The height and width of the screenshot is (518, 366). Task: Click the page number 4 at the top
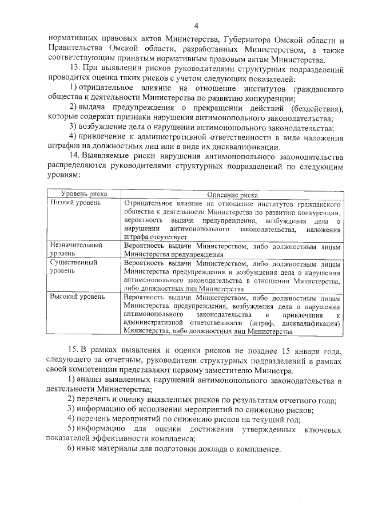coord(196,26)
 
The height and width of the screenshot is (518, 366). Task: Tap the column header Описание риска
coord(232,195)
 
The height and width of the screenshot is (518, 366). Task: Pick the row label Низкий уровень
coord(75,203)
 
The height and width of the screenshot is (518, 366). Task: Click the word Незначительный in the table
coord(77,244)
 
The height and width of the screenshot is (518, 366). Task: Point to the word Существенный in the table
coord(74,262)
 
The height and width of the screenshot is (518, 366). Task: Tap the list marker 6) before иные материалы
coord(71,448)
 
